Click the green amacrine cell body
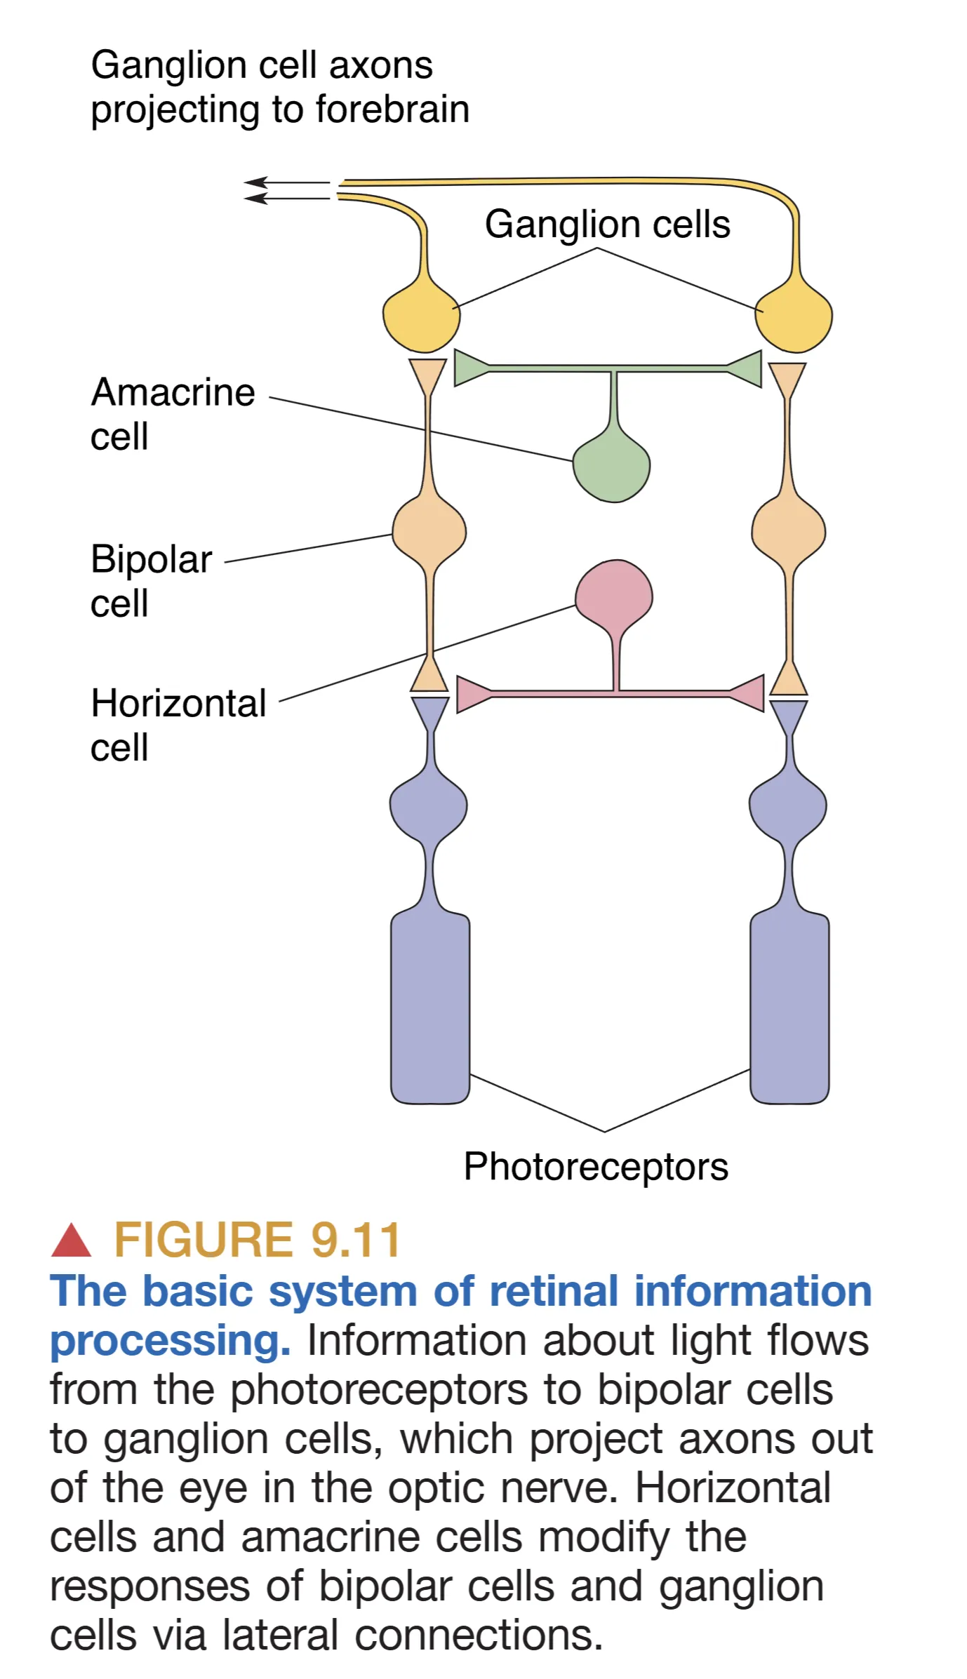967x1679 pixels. click(611, 467)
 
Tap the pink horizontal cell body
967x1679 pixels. click(614, 593)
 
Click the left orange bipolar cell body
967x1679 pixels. click(429, 531)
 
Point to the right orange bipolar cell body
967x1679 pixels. click(788, 531)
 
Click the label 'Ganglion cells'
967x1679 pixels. click(607, 225)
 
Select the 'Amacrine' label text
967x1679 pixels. click(173, 392)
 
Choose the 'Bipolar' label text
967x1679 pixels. click(151, 559)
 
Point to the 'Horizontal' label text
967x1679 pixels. click(178, 703)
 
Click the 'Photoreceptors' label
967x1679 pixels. click(596, 1167)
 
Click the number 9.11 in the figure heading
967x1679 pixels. click(356, 1240)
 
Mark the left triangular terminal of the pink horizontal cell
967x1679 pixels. click(472, 694)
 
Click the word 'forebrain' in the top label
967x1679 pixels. click(392, 109)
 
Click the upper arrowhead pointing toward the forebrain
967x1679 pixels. click(254, 182)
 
